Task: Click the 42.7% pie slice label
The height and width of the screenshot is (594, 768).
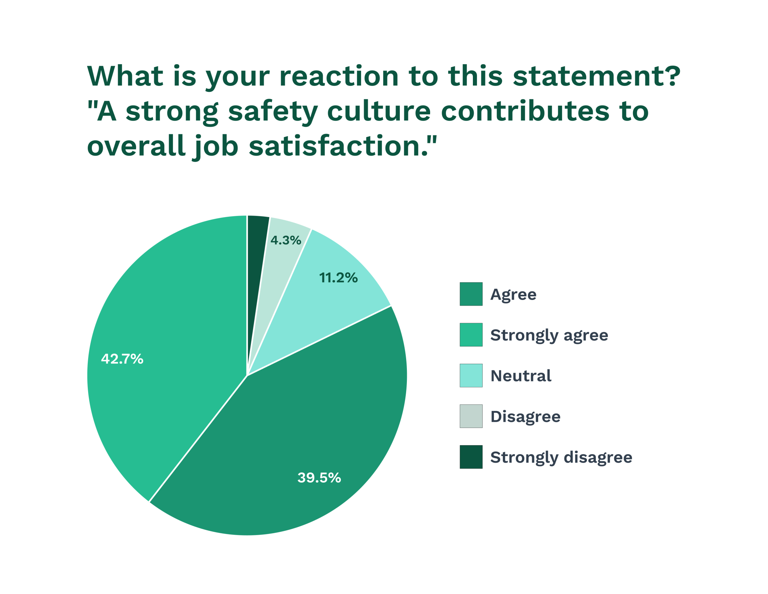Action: click(122, 359)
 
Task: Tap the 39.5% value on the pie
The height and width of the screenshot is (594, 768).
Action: click(319, 478)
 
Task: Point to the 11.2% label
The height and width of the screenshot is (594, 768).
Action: click(338, 278)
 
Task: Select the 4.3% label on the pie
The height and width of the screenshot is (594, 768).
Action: click(286, 240)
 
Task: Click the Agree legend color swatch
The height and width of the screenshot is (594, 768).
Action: click(471, 294)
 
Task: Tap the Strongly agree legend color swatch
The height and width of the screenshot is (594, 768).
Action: click(471, 334)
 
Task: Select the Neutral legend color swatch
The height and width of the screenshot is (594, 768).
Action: click(471, 375)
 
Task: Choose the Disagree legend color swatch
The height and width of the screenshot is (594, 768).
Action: click(471, 416)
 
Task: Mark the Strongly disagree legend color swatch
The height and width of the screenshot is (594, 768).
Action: click(471, 457)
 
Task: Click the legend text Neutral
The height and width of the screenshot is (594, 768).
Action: click(521, 376)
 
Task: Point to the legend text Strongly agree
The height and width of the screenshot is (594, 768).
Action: click(549, 335)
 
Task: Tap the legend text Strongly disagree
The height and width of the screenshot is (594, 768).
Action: click(561, 457)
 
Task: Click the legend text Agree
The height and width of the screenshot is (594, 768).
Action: click(513, 294)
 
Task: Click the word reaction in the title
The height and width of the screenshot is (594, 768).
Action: click(339, 76)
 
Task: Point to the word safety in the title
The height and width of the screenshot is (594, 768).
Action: click(273, 112)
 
